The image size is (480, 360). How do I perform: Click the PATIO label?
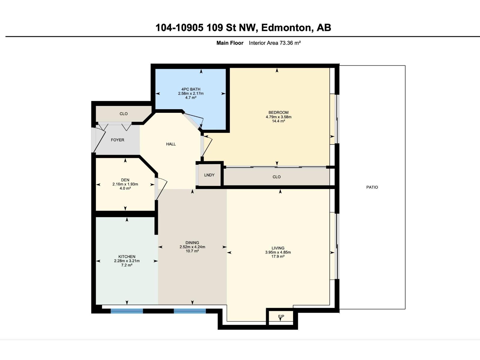pyautogui.click(x=372, y=187)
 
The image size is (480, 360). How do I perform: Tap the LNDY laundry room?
pyautogui.click(x=209, y=175)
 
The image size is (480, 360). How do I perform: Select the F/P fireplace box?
pyautogui.click(x=281, y=317)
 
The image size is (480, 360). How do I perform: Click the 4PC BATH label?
pyautogui.click(x=191, y=89)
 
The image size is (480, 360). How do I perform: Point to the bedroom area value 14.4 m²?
pyautogui.click(x=278, y=121)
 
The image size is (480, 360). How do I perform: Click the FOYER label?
pyautogui.click(x=117, y=140)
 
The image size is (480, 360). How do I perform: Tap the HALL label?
pyautogui.click(x=171, y=144)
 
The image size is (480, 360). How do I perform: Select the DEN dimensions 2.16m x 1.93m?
pyautogui.click(x=125, y=184)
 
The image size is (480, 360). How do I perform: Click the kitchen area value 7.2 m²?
pyautogui.click(x=127, y=265)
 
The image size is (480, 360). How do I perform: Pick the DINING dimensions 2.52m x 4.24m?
pyautogui.click(x=192, y=247)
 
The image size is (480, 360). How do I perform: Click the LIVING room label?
pyautogui.click(x=278, y=248)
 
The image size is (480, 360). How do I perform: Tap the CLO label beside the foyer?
pyautogui.click(x=124, y=114)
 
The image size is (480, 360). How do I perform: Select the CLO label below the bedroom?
pyautogui.click(x=277, y=177)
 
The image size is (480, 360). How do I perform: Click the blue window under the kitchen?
pyautogui.click(x=127, y=311)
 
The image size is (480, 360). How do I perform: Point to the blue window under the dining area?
pyautogui.click(x=190, y=311)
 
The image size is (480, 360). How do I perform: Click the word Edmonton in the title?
pyautogui.click(x=286, y=28)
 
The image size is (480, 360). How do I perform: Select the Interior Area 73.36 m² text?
pyautogui.click(x=275, y=43)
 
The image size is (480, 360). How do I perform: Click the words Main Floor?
pyautogui.click(x=230, y=43)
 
